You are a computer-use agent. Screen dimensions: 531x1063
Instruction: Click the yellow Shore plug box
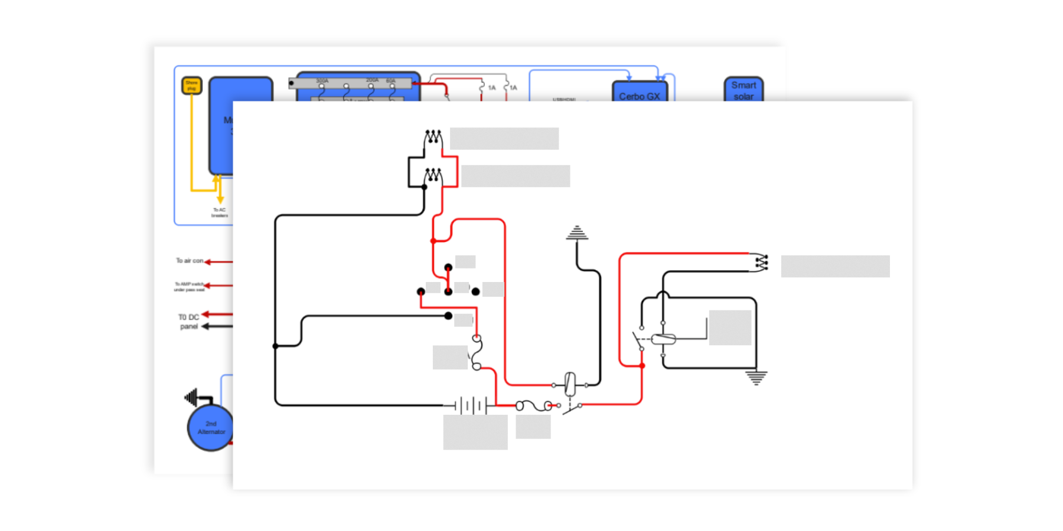tap(191, 86)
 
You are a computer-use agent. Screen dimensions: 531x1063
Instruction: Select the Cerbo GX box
tap(640, 93)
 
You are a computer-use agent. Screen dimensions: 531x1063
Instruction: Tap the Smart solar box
tap(744, 90)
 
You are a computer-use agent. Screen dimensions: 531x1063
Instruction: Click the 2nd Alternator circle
tap(210, 428)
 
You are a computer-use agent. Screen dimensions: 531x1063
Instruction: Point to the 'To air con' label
tap(189, 260)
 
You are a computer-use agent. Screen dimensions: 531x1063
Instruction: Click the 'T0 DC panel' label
tap(188, 322)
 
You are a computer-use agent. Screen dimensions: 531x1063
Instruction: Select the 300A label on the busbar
tap(322, 80)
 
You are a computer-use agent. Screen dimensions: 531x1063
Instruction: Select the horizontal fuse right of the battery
tap(534, 405)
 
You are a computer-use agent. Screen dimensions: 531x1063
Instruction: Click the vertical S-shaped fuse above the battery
tap(477, 352)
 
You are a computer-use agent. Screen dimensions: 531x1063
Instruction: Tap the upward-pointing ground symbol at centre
tap(576, 232)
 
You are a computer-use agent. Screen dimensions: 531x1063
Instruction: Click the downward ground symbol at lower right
tap(756, 377)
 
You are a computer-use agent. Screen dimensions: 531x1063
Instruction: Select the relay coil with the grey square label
tap(663, 339)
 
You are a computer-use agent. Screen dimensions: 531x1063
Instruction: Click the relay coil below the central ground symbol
tap(570, 384)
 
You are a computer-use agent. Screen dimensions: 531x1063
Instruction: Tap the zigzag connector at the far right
tap(762, 263)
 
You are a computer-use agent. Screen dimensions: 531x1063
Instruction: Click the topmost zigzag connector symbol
tap(433, 137)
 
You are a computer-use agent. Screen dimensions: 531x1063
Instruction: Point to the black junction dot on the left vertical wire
tap(275, 346)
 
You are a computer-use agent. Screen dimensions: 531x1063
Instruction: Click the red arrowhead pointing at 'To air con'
tap(208, 261)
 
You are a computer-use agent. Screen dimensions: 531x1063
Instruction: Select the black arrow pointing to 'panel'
tap(206, 326)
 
